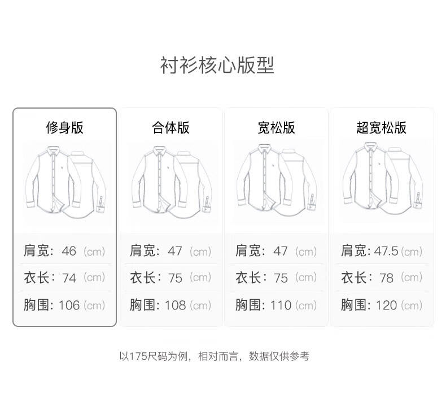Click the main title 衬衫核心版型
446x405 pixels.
pos(217,66)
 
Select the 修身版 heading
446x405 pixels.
pos(64,127)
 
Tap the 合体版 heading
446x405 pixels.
pos(170,127)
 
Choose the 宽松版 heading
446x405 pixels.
pos(276,127)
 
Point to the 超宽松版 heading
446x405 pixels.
pos(382,127)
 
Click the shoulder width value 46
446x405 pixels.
pos(69,251)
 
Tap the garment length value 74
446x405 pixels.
pos(69,278)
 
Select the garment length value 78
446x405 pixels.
pos(386,278)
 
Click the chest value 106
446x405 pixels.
pos(69,305)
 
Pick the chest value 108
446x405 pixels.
pos(175,305)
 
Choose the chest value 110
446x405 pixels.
pos(281,305)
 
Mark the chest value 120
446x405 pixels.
pos(386,305)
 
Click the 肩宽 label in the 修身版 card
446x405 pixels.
pos(37,251)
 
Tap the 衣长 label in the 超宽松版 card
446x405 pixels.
pos(355,278)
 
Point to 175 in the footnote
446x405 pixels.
pos(139,356)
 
